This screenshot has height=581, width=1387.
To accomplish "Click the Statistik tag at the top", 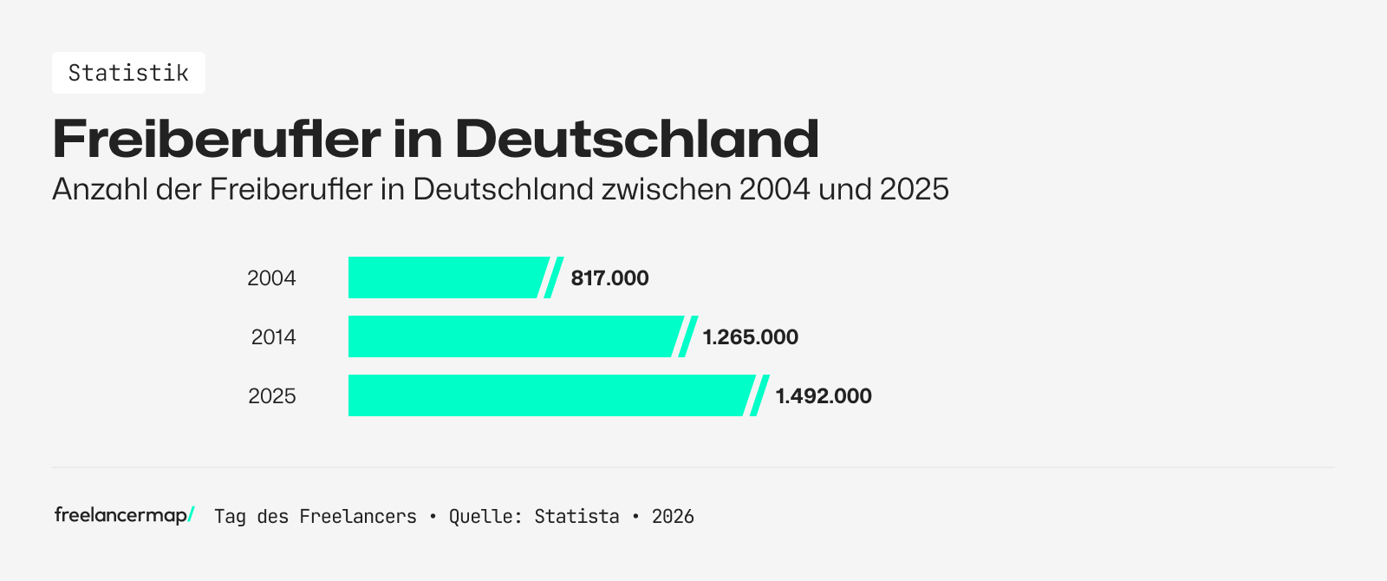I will coord(128,73).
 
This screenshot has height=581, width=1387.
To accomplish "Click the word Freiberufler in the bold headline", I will coord(216,139).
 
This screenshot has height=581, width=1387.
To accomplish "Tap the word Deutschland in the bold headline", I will coord(636,139).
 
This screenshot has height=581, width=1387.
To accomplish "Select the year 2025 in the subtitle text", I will coord(914,189).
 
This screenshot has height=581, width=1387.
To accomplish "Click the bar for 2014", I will coord(511,336).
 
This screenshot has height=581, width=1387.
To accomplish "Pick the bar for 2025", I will coord(546,395).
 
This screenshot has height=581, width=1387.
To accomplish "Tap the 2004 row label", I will coord(271,278).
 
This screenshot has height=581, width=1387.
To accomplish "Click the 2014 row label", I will coord(273,337).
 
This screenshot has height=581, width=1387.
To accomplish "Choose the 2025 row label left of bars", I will coord(271,396).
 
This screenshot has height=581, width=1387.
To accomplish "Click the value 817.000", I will coord(609,278).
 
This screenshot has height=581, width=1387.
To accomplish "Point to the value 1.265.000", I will coord(750,337).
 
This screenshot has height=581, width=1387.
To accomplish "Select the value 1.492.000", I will coord(823,396).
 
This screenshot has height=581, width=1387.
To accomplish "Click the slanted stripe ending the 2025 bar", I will coord(759,395).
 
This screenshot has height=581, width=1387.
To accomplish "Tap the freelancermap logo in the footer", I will coord(124,515).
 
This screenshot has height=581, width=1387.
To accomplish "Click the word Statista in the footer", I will coord(576,517).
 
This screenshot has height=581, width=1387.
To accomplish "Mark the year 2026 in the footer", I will coord(673,517).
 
